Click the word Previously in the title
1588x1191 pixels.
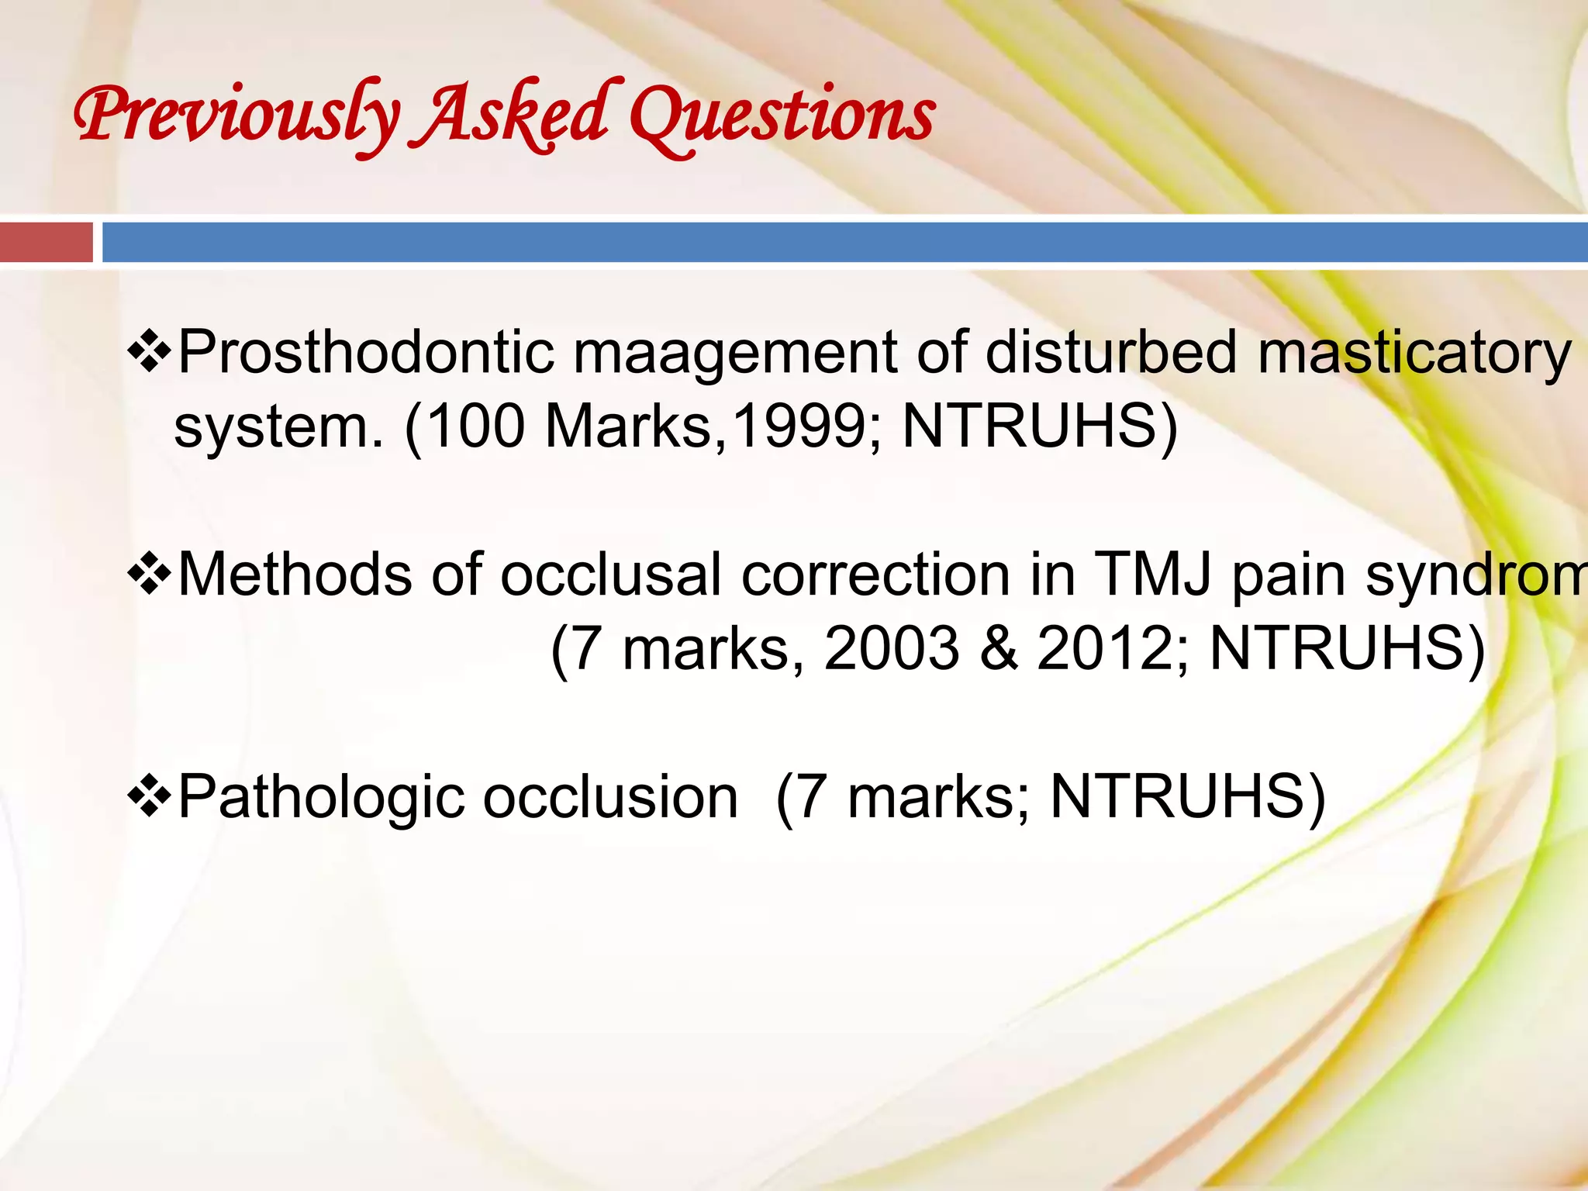(x=236, y=116)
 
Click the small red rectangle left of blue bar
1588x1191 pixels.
(x=46, y=243)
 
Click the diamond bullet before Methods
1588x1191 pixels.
(x=149, y=575)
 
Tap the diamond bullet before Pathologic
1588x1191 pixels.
(x=149, y=798)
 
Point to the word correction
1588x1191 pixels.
(x=875, y=575)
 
